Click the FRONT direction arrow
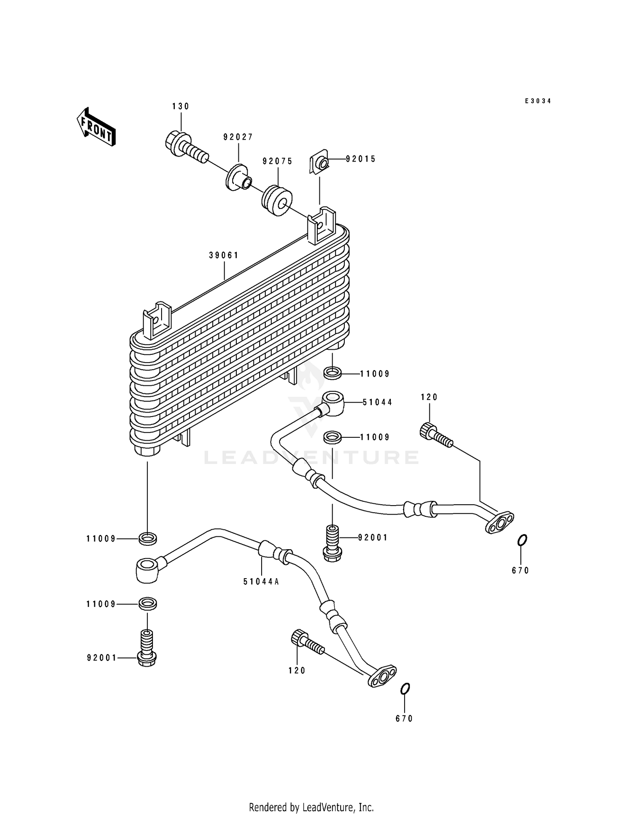coord(96,127)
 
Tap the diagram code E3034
coord(537,101)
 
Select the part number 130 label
coord(181,106)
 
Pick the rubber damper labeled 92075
coord(277,201)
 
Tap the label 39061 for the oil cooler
coord(223,255)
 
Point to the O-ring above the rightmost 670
coord(522,540)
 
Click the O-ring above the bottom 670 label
coord(405,689)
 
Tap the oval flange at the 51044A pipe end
coord(382,677)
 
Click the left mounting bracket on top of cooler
coord(157,320)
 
